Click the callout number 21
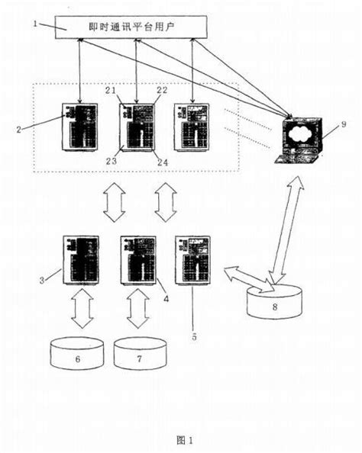(111, 91)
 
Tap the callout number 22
(163, 91)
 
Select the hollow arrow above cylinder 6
(80, 307)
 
